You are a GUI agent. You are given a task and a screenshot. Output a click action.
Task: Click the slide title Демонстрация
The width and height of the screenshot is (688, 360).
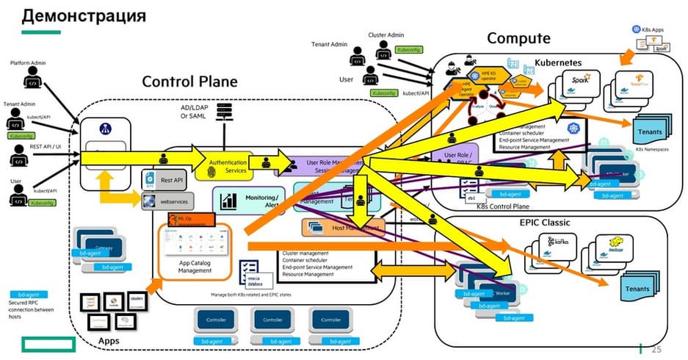pos(84,15)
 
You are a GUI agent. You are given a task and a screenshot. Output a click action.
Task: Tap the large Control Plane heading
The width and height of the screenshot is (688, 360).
pos(189,82)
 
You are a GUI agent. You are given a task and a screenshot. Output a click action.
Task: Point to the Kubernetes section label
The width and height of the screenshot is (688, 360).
pos(564,64)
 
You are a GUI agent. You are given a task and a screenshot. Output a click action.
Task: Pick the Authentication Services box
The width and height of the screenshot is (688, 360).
pos(227,165)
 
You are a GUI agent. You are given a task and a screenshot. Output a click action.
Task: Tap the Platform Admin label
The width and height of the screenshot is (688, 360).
pos(29,63)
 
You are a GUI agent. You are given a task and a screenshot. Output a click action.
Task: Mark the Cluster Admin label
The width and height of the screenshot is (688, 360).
pos(385,35)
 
